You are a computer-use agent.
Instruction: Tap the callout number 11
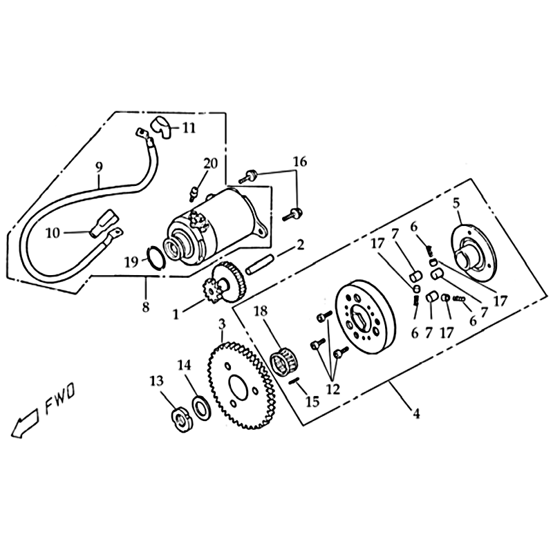tap(189, 128)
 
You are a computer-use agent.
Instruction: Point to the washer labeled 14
tap(202, 408)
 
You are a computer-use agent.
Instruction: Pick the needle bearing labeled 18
tap(284, 362)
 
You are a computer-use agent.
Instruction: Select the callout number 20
tap(211, 164)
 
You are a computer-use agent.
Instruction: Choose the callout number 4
tap(417, 413)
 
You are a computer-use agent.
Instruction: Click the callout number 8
tap(146, 306)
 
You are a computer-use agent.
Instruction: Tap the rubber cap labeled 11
tap(160, 128)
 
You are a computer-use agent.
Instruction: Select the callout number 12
tap(333, 389)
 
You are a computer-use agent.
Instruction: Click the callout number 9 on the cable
tap(99, 167)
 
